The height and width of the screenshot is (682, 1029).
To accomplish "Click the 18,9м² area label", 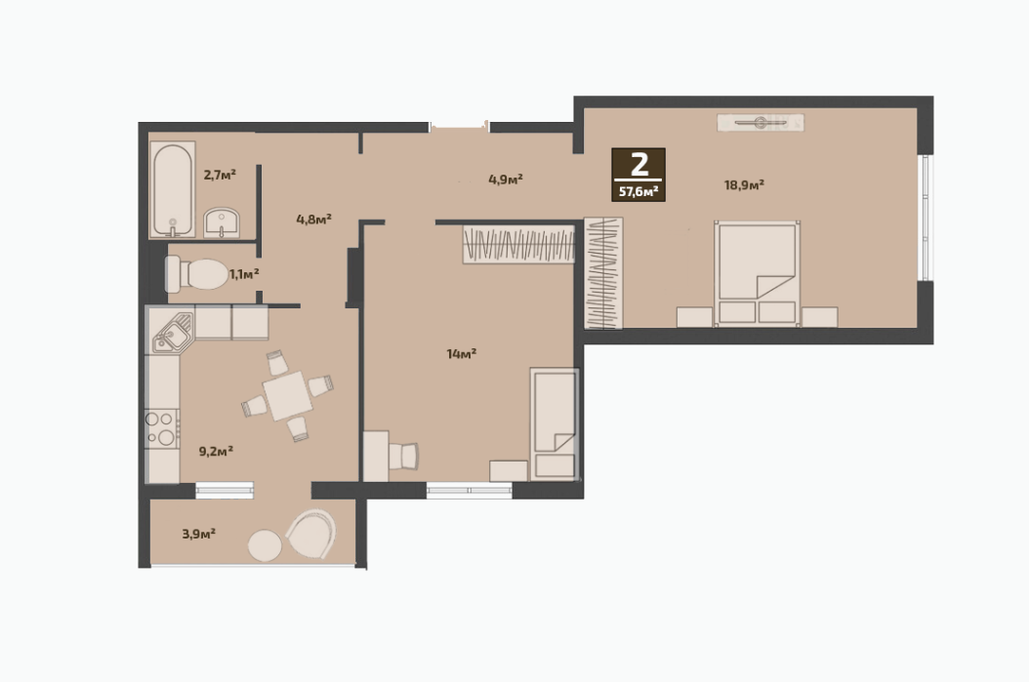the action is [744, 185].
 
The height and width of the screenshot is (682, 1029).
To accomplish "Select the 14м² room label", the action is [462, 354].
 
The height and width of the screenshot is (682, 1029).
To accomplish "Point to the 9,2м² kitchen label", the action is [216, 451].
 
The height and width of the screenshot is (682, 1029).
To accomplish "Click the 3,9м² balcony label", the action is [199, 534].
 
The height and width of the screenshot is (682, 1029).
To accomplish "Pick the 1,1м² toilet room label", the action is [243, 273].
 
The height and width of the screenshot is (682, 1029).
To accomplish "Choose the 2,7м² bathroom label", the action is [220, 175].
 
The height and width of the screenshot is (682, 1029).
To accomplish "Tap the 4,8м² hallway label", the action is [313, 219].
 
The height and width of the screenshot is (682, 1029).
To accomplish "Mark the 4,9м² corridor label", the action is [506, 179].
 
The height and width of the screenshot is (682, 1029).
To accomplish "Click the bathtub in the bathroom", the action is [173, 189].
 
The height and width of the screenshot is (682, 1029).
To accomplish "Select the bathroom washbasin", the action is [222, 223].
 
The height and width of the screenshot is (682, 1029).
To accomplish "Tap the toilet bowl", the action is [196, 274].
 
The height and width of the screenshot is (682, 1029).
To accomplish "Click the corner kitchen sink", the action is [173, 332].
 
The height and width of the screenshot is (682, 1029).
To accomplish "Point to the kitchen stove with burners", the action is [161, 429].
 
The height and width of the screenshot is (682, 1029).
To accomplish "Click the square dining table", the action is [287, 395].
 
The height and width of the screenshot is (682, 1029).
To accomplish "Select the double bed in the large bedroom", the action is [758, 273].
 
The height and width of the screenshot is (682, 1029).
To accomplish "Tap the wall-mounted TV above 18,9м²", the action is [761, 123].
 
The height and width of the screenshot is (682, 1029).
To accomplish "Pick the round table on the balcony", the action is [266, 545].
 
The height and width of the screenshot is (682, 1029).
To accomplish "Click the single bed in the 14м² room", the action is [555, 423].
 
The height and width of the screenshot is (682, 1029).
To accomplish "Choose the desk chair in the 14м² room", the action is [403, 457].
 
